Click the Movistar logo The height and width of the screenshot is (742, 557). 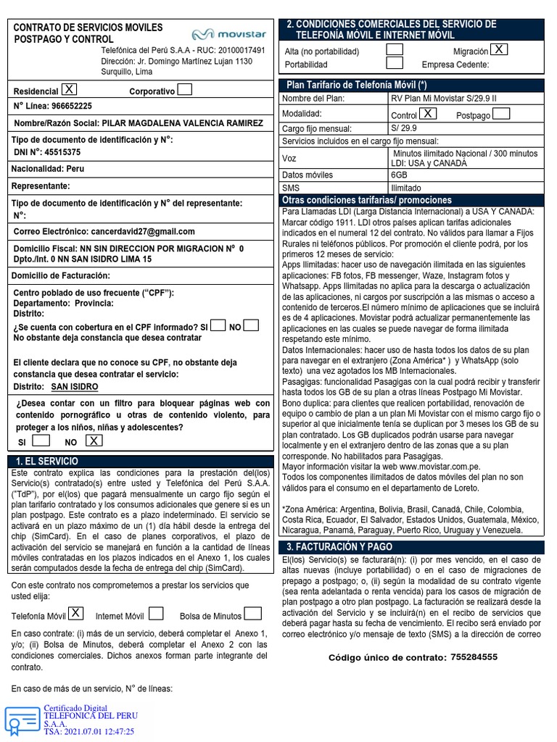tap(228, 34)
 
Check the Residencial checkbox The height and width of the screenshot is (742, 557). tap(69, 89)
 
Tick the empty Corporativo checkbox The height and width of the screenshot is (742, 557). tap(185, 90)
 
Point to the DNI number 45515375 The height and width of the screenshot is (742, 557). tap(62, 152)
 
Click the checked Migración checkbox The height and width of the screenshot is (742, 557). tap(499, 49)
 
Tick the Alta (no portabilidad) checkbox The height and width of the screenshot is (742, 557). tap(395, 49)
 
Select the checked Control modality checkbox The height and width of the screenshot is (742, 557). tap(428, 113)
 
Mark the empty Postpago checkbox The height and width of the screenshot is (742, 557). tap(501, 113)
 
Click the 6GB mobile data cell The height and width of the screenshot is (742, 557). tap(399, 175)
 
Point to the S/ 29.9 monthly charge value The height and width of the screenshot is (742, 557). tap(405, 128)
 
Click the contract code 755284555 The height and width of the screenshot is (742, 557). tap(474, 657)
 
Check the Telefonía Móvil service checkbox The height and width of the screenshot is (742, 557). tap(75, 614)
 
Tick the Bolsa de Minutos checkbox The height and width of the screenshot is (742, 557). tap(252, 614)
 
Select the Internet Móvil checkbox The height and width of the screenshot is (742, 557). tap(155, 614)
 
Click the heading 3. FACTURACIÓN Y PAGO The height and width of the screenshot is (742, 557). tap(339, 546)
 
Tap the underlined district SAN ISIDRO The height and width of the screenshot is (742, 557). tap(75, 387)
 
